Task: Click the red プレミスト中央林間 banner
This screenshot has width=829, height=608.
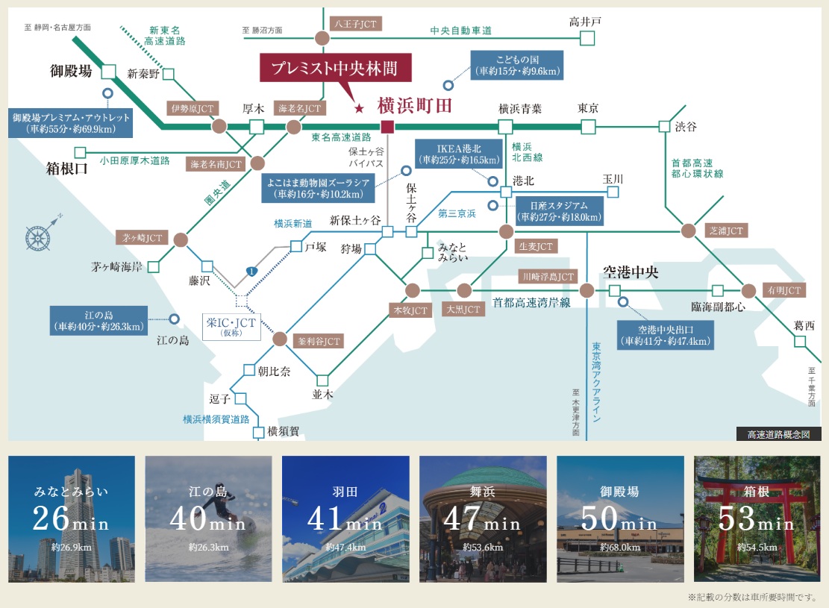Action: point(337,69)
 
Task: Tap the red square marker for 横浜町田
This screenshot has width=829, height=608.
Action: point(387,127)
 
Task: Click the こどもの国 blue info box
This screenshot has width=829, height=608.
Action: point(517,65)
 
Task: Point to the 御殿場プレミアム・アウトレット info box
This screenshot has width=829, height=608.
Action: point(71,123)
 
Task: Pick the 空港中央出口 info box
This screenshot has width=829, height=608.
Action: point(665,335)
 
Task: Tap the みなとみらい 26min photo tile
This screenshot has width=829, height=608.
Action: point(72,518)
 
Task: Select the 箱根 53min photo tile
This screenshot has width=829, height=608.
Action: point(757,518)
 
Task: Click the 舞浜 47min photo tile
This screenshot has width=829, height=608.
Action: point(483,518)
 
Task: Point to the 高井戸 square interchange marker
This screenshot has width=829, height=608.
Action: point(587,37)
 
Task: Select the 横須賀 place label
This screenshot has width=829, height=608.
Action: point(282,430)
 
